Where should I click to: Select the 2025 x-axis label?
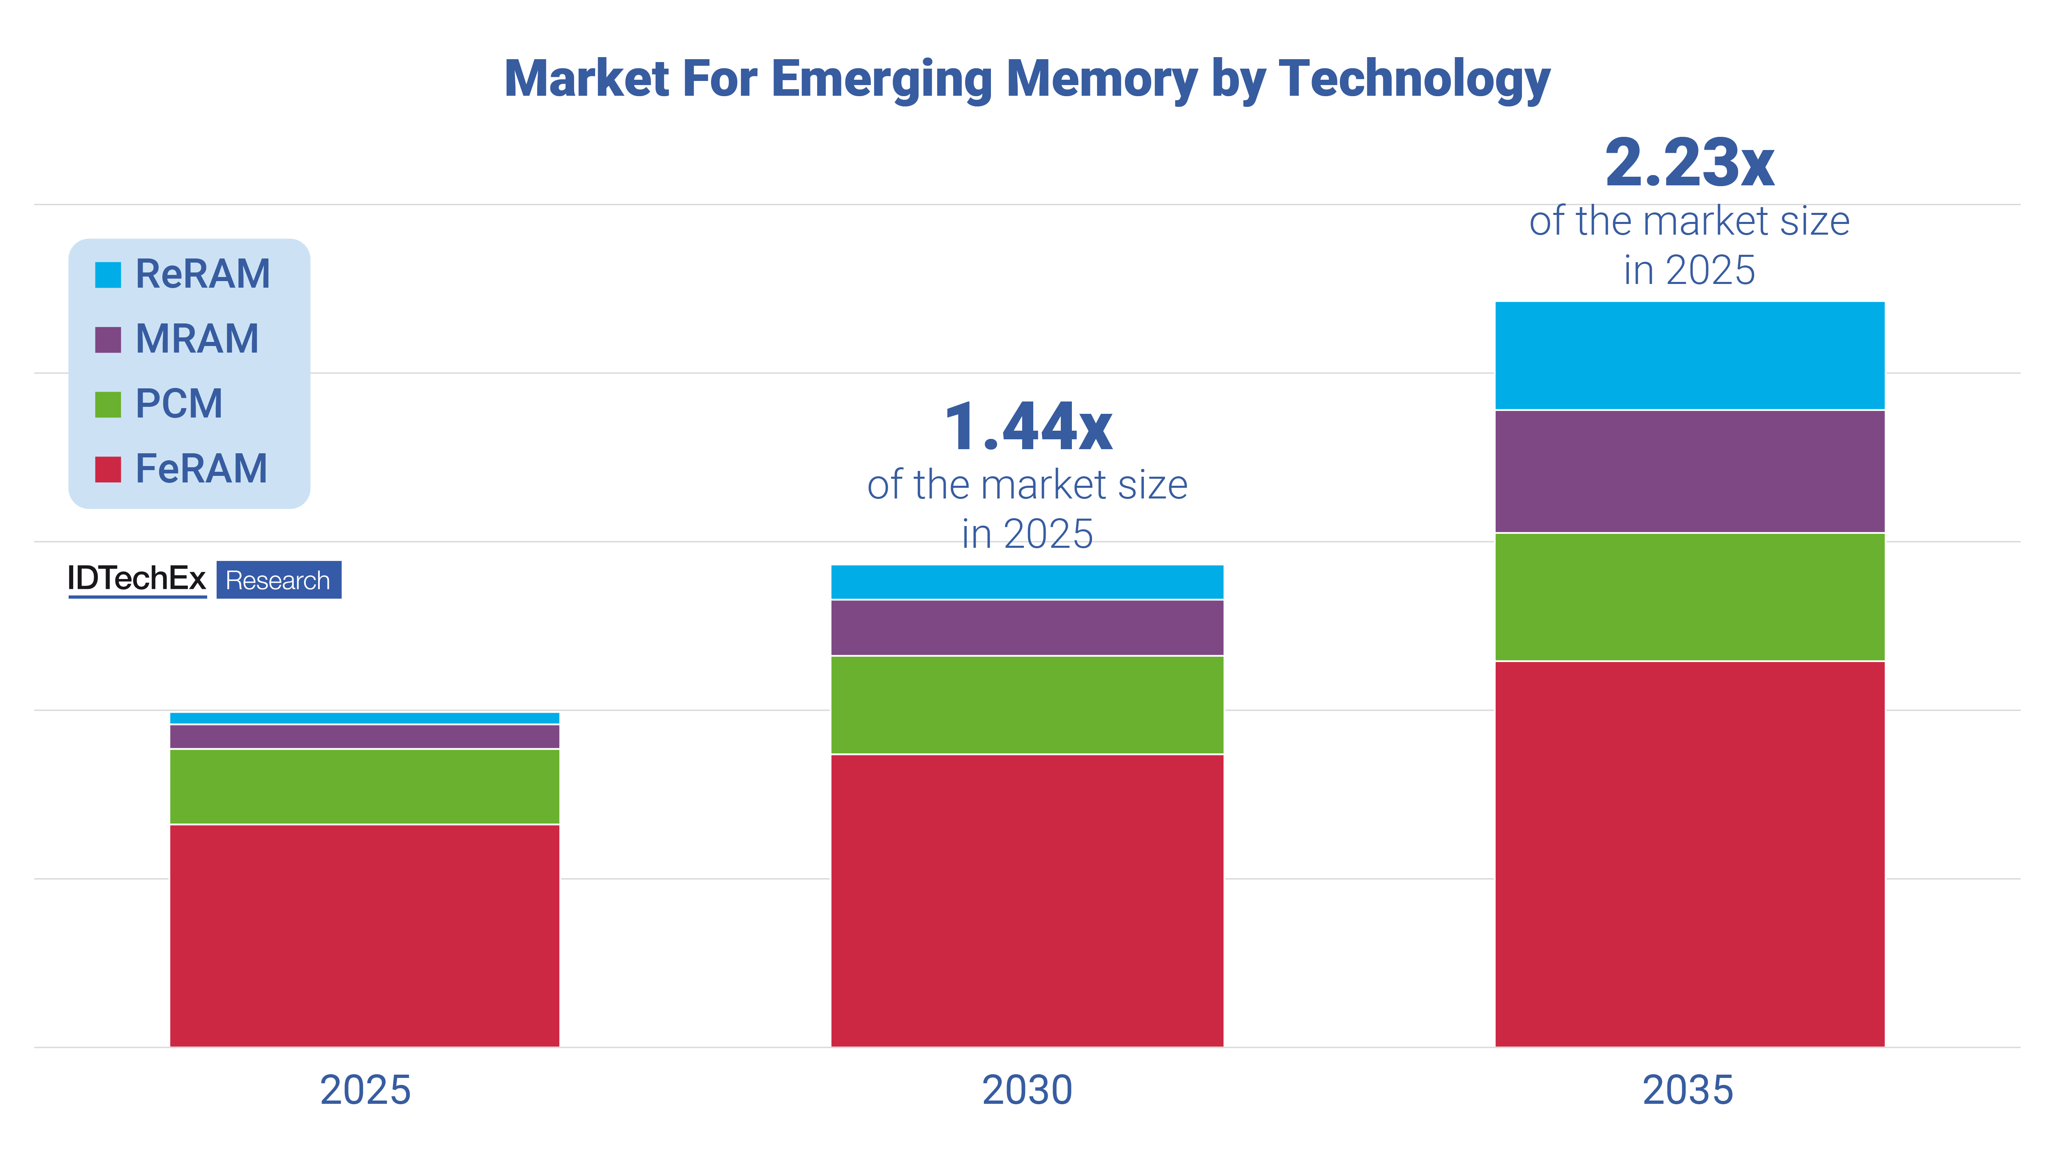365,1090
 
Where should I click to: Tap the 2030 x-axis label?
1027,1090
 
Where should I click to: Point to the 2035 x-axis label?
1688,1090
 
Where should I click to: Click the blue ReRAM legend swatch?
108,275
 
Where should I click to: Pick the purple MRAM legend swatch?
108,339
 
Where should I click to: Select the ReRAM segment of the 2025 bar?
365,718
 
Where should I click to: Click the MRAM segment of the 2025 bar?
365,736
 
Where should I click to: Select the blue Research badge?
278,580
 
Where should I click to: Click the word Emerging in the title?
882,80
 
